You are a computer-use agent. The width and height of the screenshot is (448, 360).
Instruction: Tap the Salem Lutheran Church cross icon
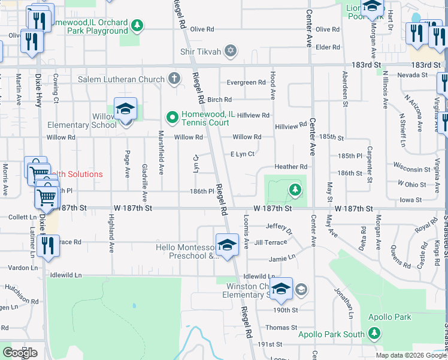[174, 79]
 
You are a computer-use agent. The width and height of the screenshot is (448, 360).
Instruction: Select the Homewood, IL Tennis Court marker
[172, 116]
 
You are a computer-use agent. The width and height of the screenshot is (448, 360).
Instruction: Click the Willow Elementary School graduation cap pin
[126, 110]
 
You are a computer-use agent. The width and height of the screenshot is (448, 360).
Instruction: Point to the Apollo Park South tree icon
[374, 332]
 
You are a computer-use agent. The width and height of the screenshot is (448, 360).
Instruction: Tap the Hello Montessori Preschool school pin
[227, 246]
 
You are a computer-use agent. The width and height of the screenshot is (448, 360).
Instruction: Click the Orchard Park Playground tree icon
[138, 25]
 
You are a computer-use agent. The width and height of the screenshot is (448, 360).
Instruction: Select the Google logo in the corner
[20, 353]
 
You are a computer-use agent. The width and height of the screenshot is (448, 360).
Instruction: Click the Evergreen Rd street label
[246, 83]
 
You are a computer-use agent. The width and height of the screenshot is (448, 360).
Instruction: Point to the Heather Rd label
[290, 167]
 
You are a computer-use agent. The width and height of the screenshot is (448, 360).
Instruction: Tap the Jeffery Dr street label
[279, 229]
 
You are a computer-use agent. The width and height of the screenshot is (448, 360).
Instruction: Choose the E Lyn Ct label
[243, 154]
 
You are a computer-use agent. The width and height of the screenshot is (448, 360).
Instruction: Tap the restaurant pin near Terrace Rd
[47, 246]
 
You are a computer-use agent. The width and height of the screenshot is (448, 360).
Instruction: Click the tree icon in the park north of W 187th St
[295, 191]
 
